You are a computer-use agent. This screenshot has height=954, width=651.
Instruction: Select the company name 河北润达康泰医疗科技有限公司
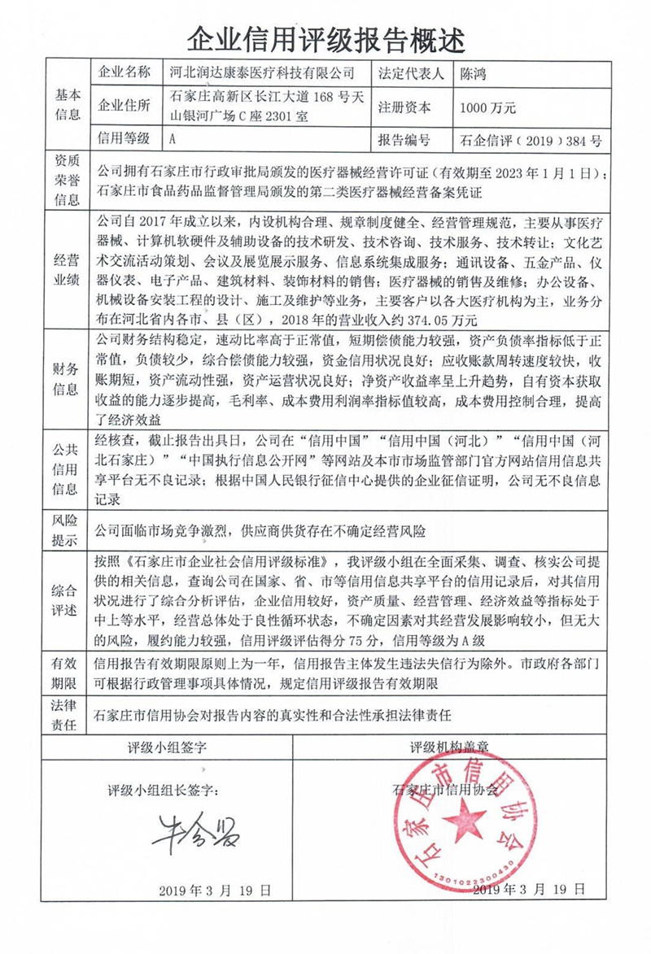[x=260, y=72]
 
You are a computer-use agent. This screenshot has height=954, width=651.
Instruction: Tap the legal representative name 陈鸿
[x=475, y=72]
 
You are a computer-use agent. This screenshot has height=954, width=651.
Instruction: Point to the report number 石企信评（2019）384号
[x=531, y=140]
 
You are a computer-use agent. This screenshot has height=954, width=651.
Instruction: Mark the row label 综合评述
[x=68, y=600]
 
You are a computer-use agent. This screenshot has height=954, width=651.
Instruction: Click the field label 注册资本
[x=404, y=107]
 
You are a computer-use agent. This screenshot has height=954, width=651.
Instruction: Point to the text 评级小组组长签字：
[x=164, y=790]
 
